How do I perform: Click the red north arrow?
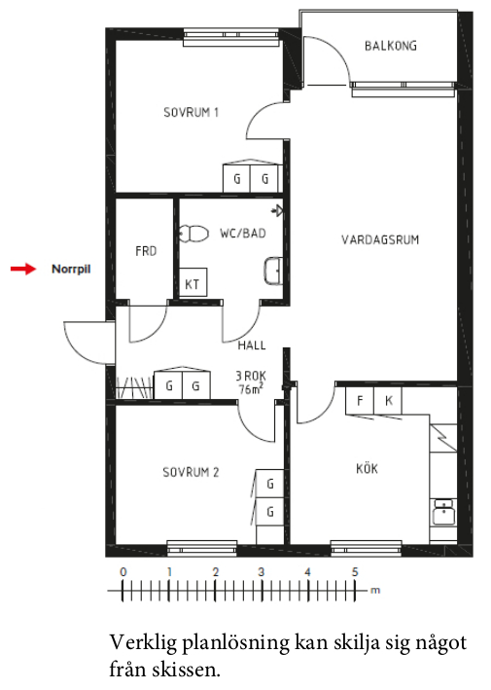click(23, 269)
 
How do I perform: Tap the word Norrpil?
click(71, 269)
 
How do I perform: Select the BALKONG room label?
click(391, 46)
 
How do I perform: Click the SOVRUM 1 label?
click(192, 113)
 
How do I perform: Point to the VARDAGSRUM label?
click(380, 239)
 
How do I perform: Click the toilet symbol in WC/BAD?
click(193, 235)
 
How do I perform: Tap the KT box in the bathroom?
click(193, 282)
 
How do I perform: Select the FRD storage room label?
click(146, 251)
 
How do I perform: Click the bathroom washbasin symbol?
click(273, 272)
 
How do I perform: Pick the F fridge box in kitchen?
click(360, 400)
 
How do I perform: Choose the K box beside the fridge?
click(388, 400)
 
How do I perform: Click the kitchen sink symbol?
click(443, 512)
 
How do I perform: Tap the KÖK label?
click(368, 468)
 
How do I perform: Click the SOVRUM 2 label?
click(191, 472)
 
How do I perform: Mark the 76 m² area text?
click(251, 389)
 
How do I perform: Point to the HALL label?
click(252, 345)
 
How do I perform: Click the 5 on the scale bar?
click(355, 572)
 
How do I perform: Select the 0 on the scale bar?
click(123, 572)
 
